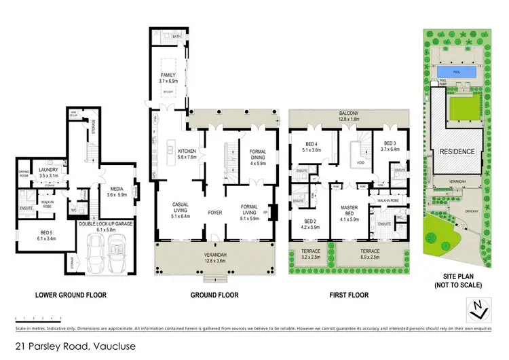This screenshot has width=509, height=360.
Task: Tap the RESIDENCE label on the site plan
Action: [x=456, y=151]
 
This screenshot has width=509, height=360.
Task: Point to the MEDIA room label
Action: [x=117, y=192]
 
